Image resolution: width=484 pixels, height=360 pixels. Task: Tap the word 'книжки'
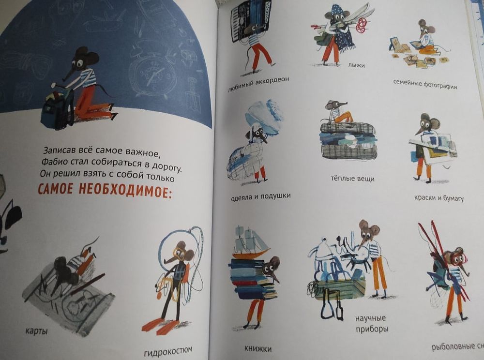[257, 348]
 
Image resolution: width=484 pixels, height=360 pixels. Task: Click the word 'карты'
[36, 331]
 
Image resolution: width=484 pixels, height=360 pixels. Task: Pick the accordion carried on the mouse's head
[248, 19]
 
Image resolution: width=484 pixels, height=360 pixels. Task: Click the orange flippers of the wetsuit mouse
[160, 325]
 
